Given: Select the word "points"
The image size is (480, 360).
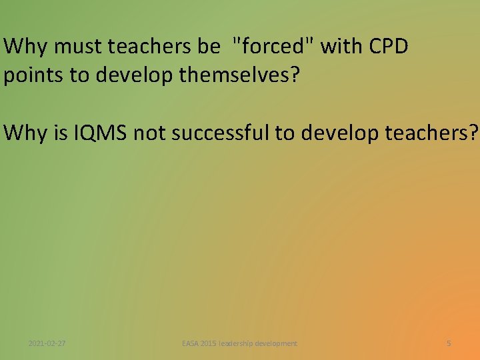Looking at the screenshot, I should pyautogui.click(x=34, y=75).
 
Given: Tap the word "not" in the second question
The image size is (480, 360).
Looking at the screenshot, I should pyautogui.click(x=148, y=133).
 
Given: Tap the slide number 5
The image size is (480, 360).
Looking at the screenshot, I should pyautogui.click(x=449, y=343).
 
